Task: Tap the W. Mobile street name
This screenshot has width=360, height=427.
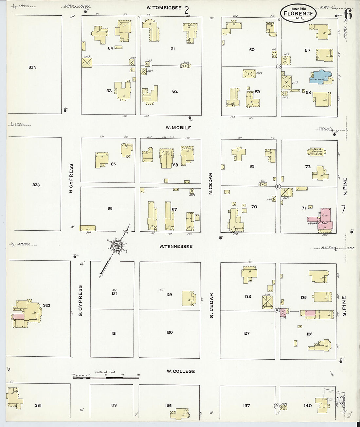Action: [178, 128]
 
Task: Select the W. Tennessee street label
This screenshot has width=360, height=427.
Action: [176, 246]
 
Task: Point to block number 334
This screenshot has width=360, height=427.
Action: [32, 67]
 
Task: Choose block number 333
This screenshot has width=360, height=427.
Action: [36, 185]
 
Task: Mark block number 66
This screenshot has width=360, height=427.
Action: [110, 208]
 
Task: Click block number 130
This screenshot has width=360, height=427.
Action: [169, 332]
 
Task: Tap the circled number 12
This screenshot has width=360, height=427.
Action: [279, 67]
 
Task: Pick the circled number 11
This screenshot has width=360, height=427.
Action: [278, 187]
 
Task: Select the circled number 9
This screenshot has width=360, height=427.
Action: [277, 406]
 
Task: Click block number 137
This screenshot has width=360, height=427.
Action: [246, 406]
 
